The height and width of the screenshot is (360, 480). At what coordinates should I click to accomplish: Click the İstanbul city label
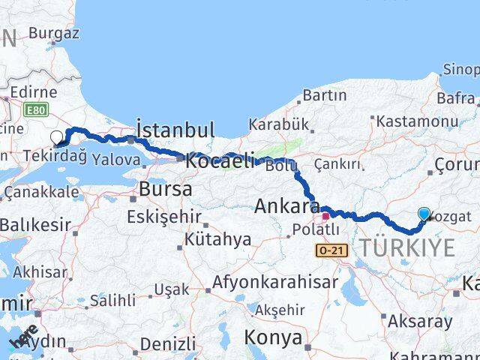(x=175, y=129)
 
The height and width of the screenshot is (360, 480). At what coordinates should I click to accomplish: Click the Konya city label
(x=273, y=337)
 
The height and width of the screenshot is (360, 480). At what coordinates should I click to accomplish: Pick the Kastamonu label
(x=418, y=121)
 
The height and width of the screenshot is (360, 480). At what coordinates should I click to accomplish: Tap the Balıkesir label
(x=35, y=224)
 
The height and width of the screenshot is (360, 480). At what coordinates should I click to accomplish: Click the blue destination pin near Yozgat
(x=424, y=214)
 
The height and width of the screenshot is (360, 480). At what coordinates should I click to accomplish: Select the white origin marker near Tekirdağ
(x=57, y=137)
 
